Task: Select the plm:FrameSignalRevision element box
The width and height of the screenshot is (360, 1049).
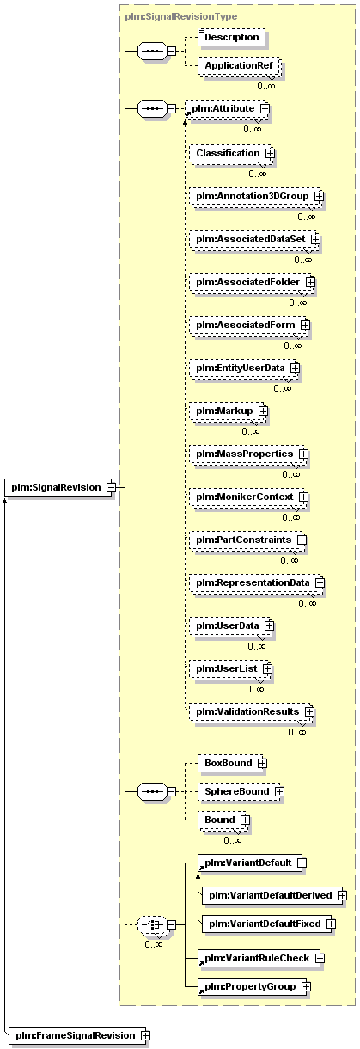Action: click(x=77, y=1035)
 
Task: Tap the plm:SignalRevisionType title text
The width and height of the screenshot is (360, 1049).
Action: click(x=180, y=16)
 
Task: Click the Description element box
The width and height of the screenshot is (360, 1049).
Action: click(x=232, y=38)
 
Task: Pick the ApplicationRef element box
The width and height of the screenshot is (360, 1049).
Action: click(x=239, y=65)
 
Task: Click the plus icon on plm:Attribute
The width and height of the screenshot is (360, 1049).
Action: click(x=265, y=108)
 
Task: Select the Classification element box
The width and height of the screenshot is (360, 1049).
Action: click(x=231, y=153)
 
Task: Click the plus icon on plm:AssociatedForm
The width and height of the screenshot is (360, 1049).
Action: click(x=305, y=325)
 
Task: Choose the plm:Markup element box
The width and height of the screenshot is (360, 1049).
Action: click(x=228, y=412)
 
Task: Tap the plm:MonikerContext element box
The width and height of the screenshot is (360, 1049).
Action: click(x=248, y=497)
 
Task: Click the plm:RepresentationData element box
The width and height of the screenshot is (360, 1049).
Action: click(x=257, y=583)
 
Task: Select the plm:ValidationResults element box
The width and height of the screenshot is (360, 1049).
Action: click(x=252, y=712)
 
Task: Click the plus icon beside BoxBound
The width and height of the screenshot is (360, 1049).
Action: click(x=263, y=763)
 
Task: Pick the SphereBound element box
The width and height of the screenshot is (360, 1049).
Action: click(x=241, y=792)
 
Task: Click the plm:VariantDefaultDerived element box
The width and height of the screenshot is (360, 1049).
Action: click(x=274, y=895)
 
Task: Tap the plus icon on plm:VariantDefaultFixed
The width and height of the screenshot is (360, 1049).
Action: click(x=332, y=924)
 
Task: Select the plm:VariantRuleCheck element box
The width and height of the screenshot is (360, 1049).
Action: click(x=260, y=959)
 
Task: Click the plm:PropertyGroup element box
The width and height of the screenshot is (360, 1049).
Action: click(x=253, y=987)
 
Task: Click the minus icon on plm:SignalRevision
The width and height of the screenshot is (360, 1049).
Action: click(x=111, y=487)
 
